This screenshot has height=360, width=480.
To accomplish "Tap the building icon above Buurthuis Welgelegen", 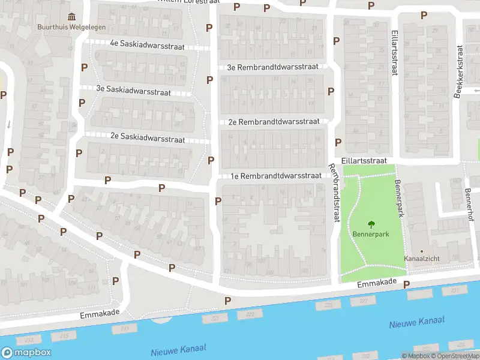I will (72, 16).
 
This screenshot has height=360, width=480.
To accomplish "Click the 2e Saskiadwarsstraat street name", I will (147, 137).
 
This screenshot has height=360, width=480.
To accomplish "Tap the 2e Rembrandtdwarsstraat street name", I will (274, 121).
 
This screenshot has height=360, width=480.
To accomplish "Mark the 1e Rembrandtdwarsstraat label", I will (277, 176).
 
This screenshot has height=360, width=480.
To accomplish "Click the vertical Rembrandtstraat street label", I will (334, 193).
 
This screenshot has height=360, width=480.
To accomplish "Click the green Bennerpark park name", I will (371, 233).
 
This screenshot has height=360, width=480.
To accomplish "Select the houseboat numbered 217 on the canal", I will (125, 329).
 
